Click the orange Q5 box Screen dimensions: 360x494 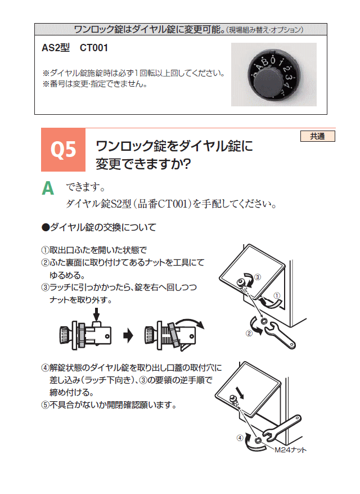pos(63,150)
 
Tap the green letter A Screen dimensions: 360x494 pos(48,188)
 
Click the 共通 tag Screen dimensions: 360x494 pos(317,136)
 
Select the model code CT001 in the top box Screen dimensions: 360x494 pos(94,48)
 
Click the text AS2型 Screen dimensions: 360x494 pos(56,48)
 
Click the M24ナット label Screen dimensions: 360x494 pos(290,450)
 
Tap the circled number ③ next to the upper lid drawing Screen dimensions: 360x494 pos(258,277)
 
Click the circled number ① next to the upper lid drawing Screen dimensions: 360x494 pos(277,295)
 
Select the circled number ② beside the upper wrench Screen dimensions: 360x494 pos(249,333)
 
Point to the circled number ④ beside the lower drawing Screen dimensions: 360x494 pos(240,438)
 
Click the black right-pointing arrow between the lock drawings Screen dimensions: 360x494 pos(128,335)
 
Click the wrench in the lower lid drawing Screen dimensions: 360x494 pos(282,428)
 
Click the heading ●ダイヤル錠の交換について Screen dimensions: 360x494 pos(99,227)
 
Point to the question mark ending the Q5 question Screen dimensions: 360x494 pos(186,164)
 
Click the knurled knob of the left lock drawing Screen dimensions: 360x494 pos(65,335)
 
